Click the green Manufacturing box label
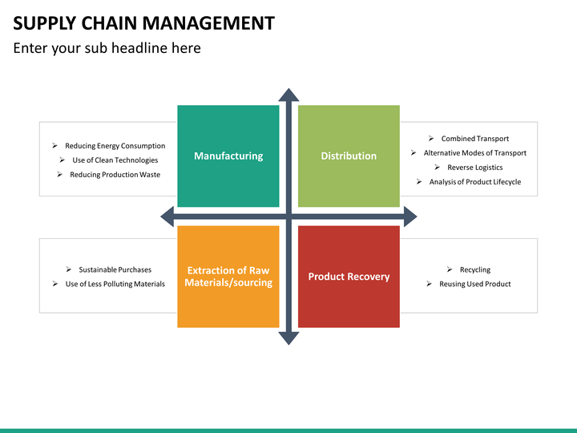click(x=228, y=156)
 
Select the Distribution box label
click(x=349, y=156)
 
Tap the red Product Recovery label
click(x=349, y=277)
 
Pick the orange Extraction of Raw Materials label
click(x=228, y=277)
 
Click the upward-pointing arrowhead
click(x=288, y=95)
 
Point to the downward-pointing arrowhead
click(x=288, y=338)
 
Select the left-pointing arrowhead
click(x=167, y=216)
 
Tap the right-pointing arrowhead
click(x=410, y=216)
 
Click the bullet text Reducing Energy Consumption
click(x=115, y=146)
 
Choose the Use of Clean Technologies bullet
click(x=115, y=160)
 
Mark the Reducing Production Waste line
click(x=115, y=175)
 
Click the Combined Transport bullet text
click(x=475, y=139)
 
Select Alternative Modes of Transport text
click(x=475, y=153)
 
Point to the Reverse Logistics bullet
click(x=475, y=168)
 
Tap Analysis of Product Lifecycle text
click(x=475, y=182)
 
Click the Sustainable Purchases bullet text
click(x=115, y=269)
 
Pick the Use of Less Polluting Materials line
click(x=115, y=284)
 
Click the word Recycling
click(x=475, y=270)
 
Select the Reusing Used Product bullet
click(x=475, y=284)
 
